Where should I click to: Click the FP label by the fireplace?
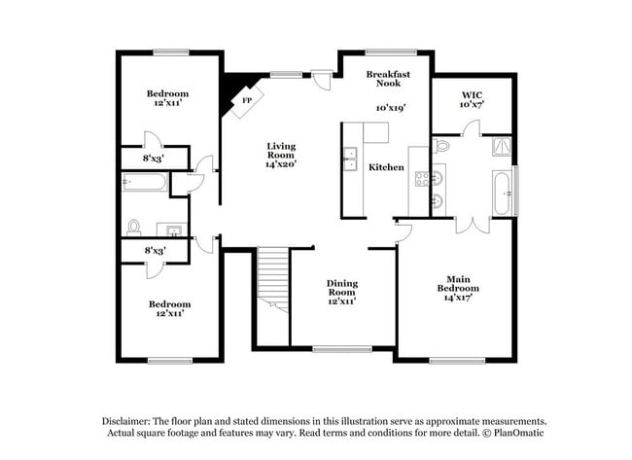pyautogui.click(x=247, y=100)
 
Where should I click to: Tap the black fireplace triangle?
pyautogui.click(x=231, y=91)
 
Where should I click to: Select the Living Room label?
pyautogui.click(x=281, y=151)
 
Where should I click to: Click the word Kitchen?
pyautogui.click(x=386, y=167)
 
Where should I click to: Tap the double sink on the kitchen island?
pyautogui.click(x=350, y=159)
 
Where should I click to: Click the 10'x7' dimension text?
pyautogui.click(x=471, y=104)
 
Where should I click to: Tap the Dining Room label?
pyautogui.click(x=341, y=288)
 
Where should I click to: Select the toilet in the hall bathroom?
pyautogui.click(x=134, y=228)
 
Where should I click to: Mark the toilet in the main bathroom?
pyautogui.click(x=441, y=147)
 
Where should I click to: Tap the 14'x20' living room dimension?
pyautogui.click(x=281, y=165)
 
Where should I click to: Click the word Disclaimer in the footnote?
pyautogui.click(x=128, y=420)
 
